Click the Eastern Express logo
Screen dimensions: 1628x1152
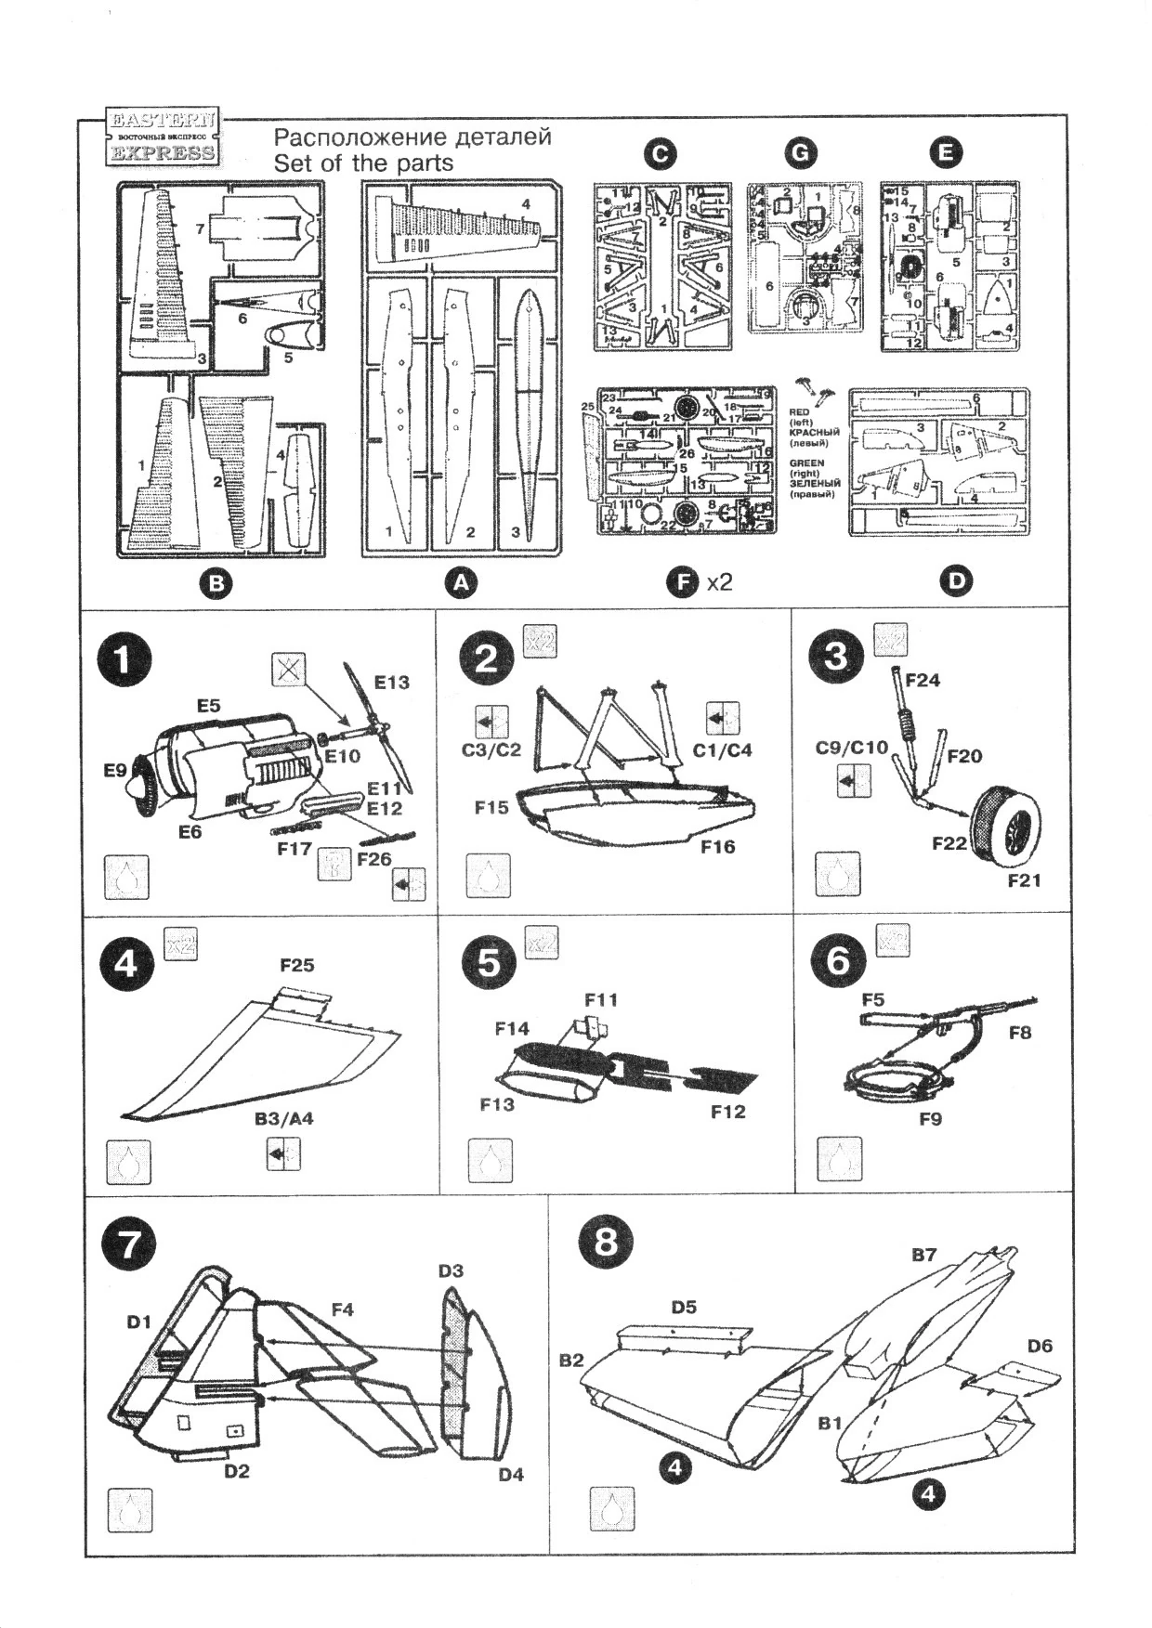coord(164,137)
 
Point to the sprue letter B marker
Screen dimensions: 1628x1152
coord(216,583)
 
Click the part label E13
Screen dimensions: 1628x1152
coord(391,684)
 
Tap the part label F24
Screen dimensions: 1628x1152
coord(922,681)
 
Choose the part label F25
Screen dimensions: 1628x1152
coord(297,966)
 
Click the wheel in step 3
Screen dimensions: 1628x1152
coord(1004,820)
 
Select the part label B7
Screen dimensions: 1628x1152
coord(923,1256)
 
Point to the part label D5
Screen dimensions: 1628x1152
coord(684,1308)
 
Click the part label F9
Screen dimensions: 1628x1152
coord(930,1120)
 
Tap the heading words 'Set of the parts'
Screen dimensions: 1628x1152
coord(363,163)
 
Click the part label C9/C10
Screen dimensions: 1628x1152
coord(851,748)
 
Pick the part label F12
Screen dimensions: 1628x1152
coord(727,1112)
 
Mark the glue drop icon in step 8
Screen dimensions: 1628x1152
coord(612,1510)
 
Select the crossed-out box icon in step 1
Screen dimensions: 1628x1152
coord(289,670)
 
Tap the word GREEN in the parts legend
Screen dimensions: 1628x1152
coord(805,462)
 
